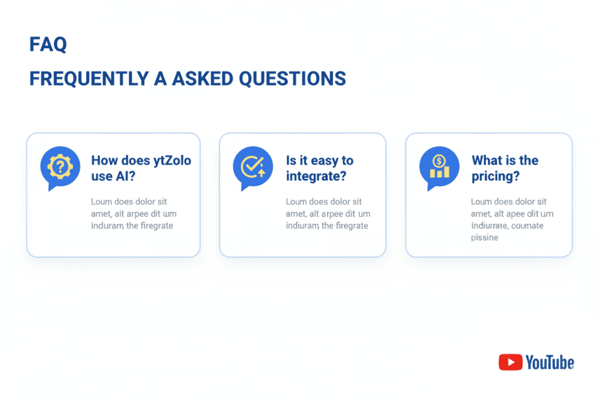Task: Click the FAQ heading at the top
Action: coord(48,45)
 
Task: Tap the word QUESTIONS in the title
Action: coord(292,79)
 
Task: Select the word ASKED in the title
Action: coord(202,79)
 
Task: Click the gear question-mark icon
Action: coord(60,167)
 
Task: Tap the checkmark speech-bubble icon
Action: coord(253,167)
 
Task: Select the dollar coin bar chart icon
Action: coord(439,167)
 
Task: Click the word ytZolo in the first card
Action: coord(172,161)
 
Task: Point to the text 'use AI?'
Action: coord(113,176)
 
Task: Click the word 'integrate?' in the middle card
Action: coord(316,176)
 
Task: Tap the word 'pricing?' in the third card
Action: coord(495,176)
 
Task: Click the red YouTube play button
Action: coord(510,362)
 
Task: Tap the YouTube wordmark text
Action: coord(550,362)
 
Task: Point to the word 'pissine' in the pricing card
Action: coord(484,238)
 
